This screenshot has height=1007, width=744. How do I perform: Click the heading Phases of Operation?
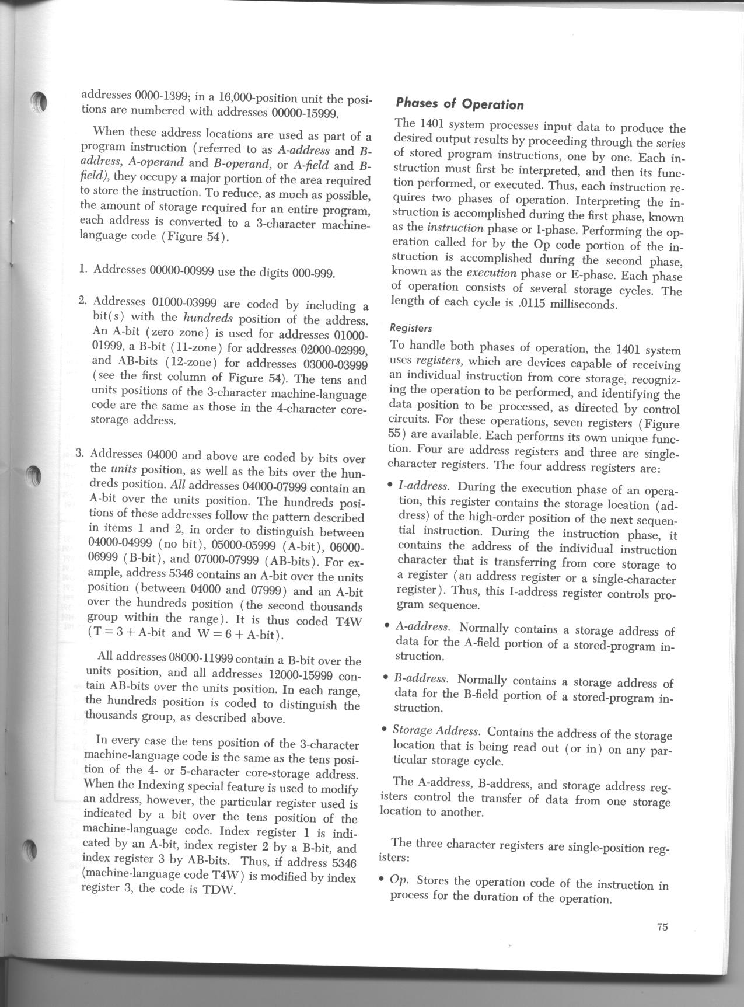click(459, 104)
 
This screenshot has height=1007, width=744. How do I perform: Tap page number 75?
click(662, 927)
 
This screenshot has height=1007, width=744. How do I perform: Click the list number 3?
click(82, 453)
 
